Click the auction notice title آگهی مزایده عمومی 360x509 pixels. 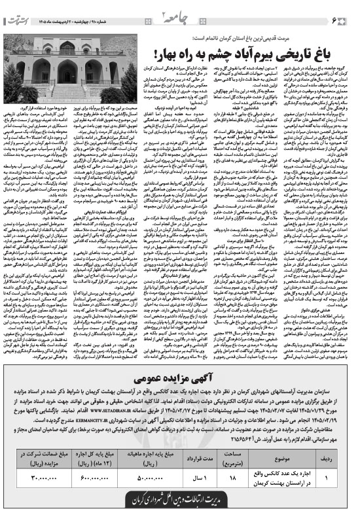coord(180,380)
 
